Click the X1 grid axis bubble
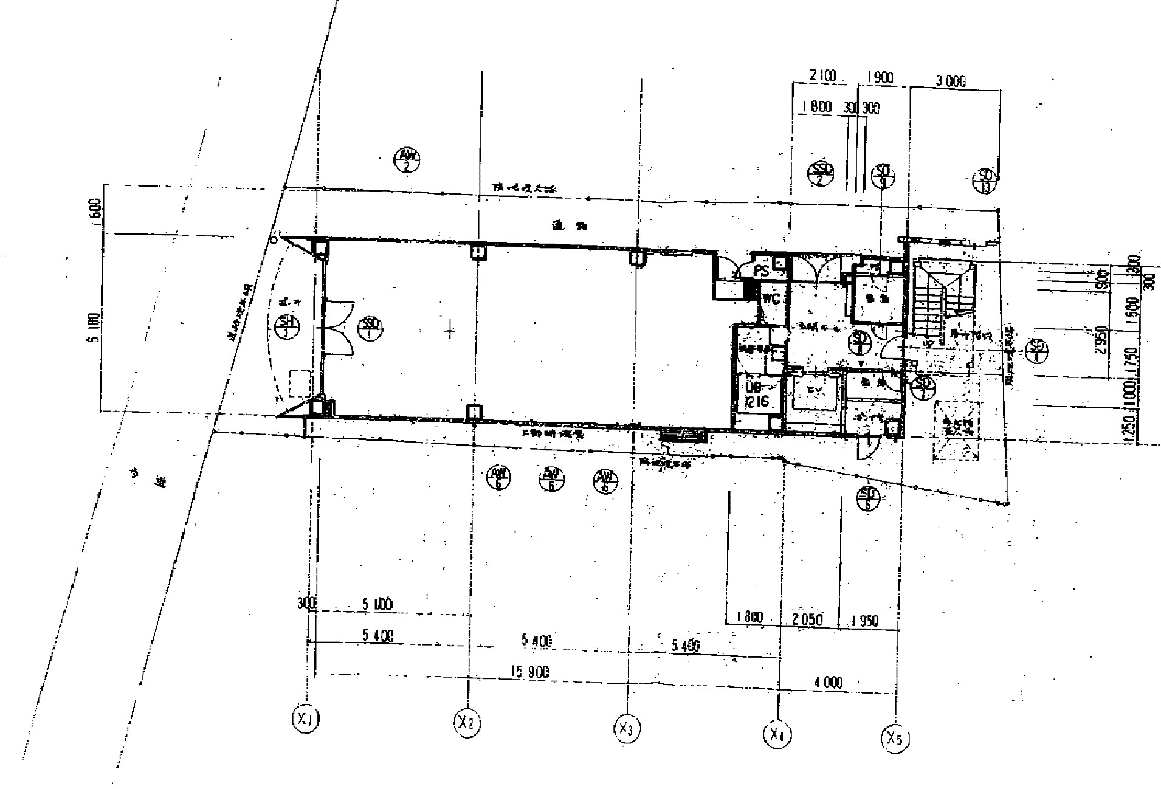click(305, 719)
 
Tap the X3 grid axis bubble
click(625, 728)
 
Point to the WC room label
click(771, 299)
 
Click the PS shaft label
click(761, 269)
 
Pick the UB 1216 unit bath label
click(756, 394)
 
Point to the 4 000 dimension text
click(828, 683)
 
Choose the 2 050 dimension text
click(807, 619)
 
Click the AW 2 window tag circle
click(406, 160)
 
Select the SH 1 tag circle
click(287, 327)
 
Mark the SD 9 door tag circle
click(881, 176)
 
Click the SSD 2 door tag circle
click(821, 174)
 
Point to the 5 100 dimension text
click(377, 605)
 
